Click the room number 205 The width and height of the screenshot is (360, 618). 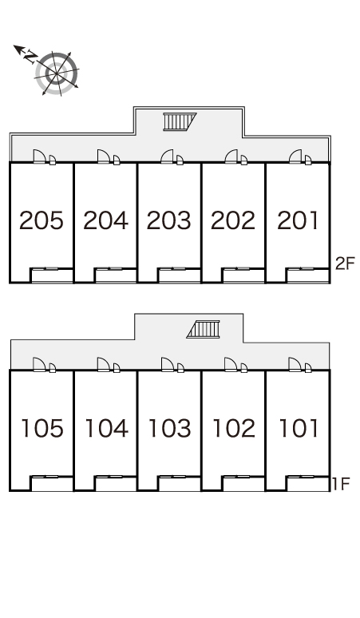tap(42, 220)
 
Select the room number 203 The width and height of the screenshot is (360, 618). tap(169, 220)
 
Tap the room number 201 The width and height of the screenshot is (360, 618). tap(298, 220)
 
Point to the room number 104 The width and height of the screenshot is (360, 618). tap(106, 429)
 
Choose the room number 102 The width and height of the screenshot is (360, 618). tap(234, 429)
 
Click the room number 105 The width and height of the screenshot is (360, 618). tap(42, 429)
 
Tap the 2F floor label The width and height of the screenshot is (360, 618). tap(345, 263)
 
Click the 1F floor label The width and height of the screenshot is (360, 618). tap(341, 484)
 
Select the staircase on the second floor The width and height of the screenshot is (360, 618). tap(180, 121)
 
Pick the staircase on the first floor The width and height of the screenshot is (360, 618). tap(204, 329)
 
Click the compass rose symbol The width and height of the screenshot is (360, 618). tap(57, 73)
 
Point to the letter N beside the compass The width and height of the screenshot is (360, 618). tap(29, 57)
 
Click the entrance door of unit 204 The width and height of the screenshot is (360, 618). tap(103, 156)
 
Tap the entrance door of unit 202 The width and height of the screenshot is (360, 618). tap(231, 156)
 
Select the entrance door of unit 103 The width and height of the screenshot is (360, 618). tap(167, 364)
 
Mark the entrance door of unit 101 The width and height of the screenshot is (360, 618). tap(295, 364)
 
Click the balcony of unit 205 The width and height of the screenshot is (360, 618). tap(52, 275)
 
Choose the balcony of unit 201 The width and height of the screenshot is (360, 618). tap(307, 275)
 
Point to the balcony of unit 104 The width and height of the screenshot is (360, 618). tap(116, 484)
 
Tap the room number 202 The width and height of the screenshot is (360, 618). tap(233, 220)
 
